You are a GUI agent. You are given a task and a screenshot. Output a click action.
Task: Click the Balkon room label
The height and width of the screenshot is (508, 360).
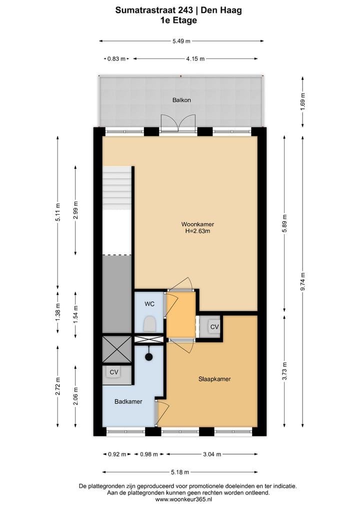[x=181, y=100]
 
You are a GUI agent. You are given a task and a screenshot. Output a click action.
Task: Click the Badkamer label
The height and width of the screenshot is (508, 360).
[x=128, y=401]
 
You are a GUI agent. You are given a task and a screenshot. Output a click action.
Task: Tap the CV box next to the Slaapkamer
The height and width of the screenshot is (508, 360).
[x=214, y=327]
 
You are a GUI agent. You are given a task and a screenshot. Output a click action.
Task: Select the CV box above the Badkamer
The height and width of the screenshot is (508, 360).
[x=114, y=372]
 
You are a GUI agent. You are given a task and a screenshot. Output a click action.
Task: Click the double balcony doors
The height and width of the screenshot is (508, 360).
[x=179, y=122]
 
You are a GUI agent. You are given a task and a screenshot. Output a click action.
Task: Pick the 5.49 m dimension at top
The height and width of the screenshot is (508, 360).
[x=181, y=41]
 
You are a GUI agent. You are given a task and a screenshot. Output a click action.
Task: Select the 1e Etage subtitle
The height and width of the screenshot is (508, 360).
[x=178, y=20]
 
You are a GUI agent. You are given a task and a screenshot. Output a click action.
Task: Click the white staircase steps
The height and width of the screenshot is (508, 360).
[x=117, y=187]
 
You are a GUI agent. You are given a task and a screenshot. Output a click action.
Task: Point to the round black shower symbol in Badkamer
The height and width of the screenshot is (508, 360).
[x=148, y=357]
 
